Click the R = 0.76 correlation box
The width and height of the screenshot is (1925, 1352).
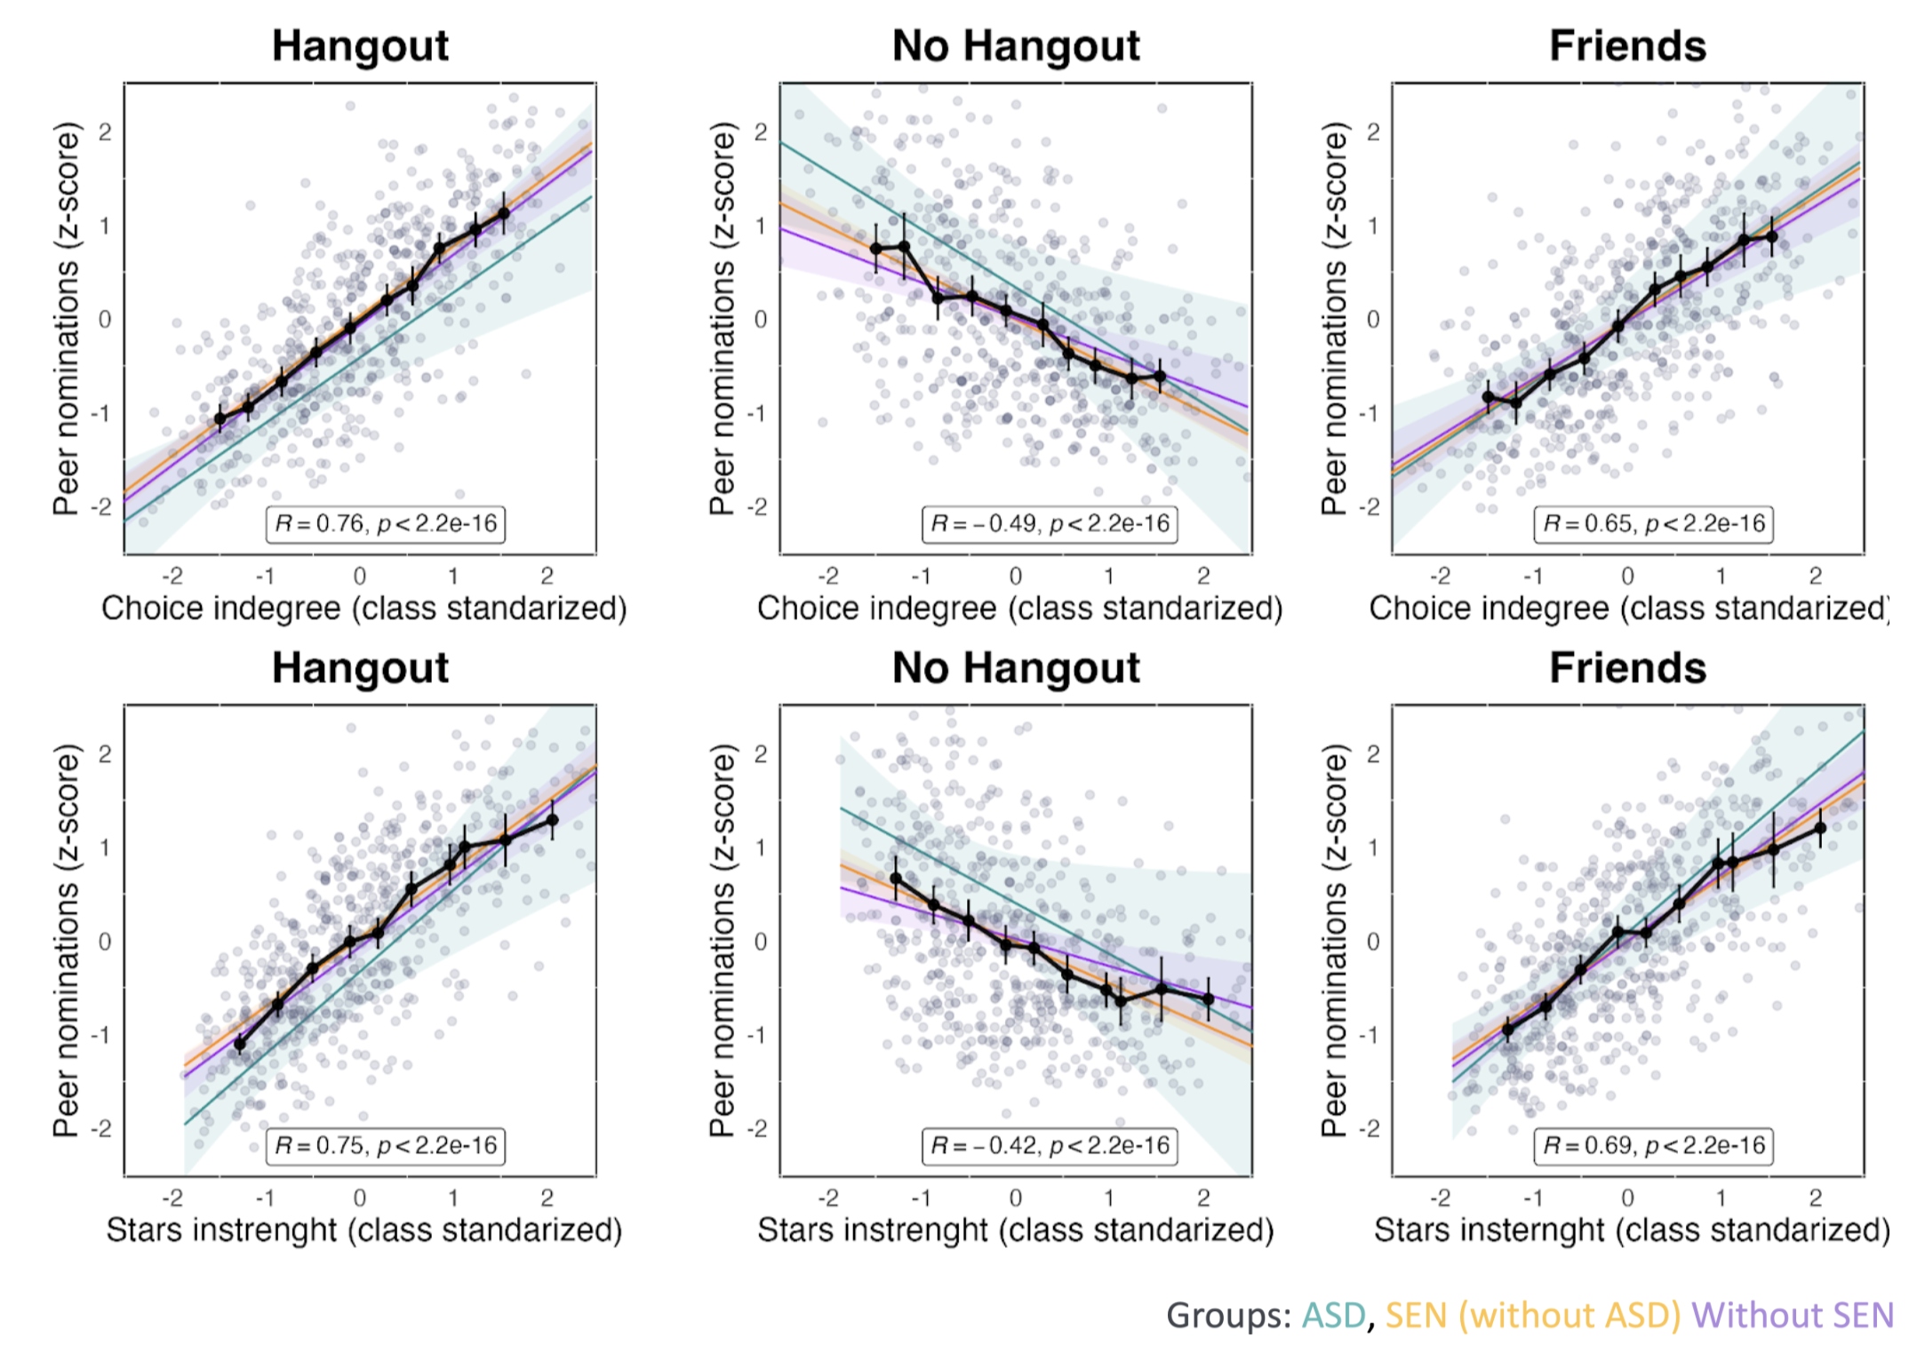(386, 524)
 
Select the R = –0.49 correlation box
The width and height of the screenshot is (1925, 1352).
(1050, 524)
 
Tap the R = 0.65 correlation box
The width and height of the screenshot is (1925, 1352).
(1653, 524)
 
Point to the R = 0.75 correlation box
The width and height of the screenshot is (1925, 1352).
(386, 1146)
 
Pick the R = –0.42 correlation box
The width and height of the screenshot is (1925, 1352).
(1050, 1146)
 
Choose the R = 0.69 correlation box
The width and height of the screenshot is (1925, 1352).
(1653, 1146)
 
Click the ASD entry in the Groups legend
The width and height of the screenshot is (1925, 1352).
(1333, 1316)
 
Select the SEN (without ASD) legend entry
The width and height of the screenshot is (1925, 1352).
(1532, 1316)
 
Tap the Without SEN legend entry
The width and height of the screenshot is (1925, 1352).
(1792, 1316)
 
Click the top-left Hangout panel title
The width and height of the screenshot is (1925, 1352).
(360, 45)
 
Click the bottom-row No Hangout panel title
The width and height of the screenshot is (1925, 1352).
(1016, 667)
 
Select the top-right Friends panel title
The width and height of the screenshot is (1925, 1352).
(1627, 45)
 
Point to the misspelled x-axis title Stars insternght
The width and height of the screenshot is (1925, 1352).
(1631, 1230)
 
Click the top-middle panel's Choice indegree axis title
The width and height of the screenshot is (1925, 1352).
(1019, 608)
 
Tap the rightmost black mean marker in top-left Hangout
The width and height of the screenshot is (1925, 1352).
(504, 213)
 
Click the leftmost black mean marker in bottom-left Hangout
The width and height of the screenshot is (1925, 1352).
(240, 1045)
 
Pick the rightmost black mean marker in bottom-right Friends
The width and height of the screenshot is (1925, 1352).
(1820, 828)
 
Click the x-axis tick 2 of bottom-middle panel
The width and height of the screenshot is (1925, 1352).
(1203, 1198)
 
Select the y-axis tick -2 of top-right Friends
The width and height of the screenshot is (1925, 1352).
(1372, 507)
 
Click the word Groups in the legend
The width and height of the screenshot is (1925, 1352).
(1228, 1316)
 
